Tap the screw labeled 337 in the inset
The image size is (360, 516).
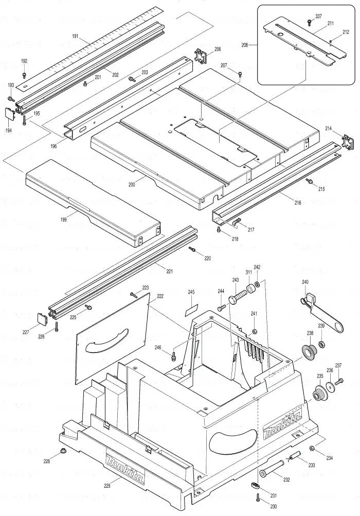coord(309,23)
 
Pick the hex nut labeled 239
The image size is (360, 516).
coord(322,344)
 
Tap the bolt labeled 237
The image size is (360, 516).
coord(339,382)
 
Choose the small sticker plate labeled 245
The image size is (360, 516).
coord(191,310)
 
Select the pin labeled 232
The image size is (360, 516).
coord(272,469)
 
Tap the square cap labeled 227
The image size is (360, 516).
coord(42,319)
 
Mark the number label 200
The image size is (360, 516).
coord(132,185)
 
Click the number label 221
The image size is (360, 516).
coord(169,271)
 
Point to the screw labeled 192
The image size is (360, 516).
coord(24,75)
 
